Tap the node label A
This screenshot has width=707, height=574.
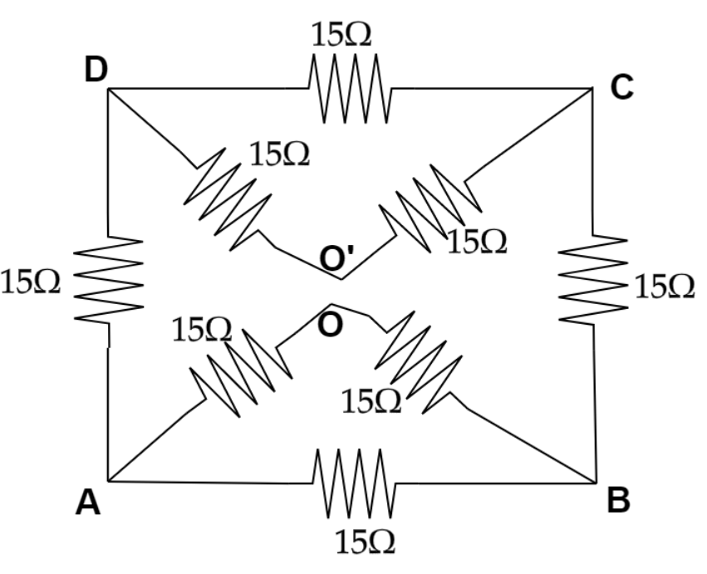(x=88, y=503)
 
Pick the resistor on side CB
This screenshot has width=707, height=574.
(x=593, y=279)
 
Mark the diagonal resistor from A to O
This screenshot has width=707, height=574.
(x=242, y=369)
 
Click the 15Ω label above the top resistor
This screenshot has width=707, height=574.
(x=341, y=35)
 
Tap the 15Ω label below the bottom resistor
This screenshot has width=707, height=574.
(x=365, y=542)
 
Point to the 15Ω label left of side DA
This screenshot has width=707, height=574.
(x=31, y=282)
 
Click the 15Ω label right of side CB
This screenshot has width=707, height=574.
(x=665, y=287)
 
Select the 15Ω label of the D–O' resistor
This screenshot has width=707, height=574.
(x=279, y=155)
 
